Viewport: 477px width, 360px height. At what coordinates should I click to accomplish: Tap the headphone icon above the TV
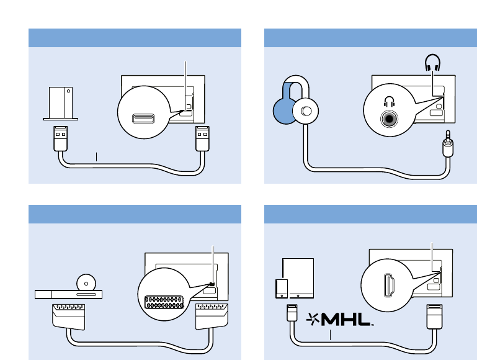click(432, 63)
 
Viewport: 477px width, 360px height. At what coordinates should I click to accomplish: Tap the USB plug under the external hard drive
click(60, 138)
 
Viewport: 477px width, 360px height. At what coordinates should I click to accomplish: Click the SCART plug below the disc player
click(68, 317)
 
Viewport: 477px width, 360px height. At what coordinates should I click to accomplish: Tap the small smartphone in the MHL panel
click(281, 288)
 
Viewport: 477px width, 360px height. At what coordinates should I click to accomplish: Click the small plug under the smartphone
click(289, 312)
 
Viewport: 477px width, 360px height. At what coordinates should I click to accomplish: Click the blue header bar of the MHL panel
click(371, 214)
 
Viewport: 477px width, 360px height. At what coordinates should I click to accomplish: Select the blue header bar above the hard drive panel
click(135, 37)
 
